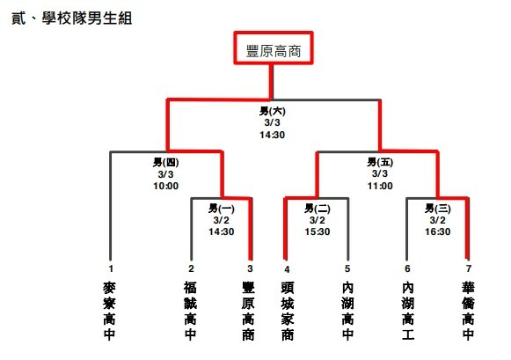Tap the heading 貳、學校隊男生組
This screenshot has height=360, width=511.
(72, 18)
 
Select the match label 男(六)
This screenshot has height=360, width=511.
(273, 111)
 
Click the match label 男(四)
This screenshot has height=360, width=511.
(166, 162)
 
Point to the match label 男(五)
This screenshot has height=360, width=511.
(380, 162)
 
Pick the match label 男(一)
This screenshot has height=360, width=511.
(222, 209)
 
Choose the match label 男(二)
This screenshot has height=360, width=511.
(318, 209)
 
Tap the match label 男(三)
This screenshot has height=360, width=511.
(438, 209)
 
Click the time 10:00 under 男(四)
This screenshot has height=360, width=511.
(166, 187)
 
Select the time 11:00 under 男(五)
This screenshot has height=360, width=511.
(380, 187)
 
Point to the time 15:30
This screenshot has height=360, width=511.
(318, 231)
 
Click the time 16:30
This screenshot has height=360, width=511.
(438, 231)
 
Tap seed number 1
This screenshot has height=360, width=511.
(111, 268)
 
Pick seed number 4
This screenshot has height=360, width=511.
(287, 269)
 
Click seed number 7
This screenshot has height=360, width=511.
(468, 268)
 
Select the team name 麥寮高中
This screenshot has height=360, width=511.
(109, 311)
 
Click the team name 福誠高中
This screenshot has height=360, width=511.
(190, 311)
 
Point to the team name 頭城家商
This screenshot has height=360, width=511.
(288, 311)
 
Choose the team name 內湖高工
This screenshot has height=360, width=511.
(408, 311)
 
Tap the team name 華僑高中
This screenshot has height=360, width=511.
(468, 311)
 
